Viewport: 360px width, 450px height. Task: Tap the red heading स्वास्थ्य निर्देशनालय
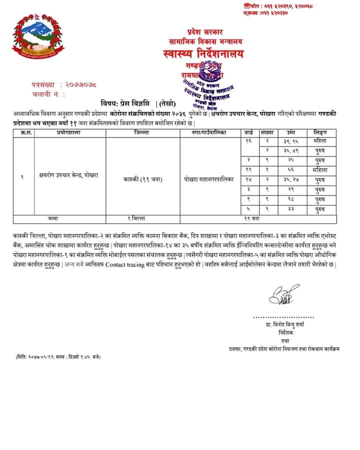click(x=203, y=53)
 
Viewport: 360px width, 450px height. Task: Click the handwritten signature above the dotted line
click(x=282, y=294)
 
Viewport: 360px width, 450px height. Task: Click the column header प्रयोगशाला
click(x=70, y=133)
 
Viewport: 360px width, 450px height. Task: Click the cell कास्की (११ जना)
click(x=143, y=177)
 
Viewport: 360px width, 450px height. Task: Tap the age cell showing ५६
click(x=290, y=170)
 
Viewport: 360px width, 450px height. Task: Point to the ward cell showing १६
click(x=248, y=141)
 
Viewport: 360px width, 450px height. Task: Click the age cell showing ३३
click(x=290, y=209)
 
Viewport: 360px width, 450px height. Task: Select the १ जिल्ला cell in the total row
click(x=143, y=218)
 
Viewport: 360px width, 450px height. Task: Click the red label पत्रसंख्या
click(x=42, y=85)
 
